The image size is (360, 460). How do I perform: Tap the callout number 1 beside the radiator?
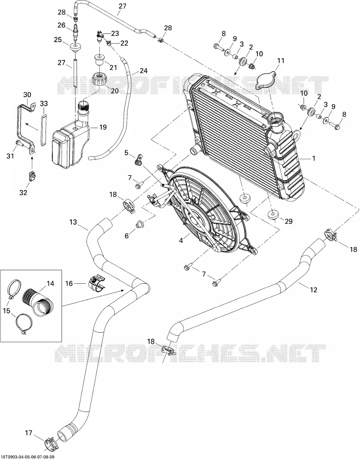313,158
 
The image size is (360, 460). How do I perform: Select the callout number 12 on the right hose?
313,290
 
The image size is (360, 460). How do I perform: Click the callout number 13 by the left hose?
73,222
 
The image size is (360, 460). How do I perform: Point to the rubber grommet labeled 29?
273,214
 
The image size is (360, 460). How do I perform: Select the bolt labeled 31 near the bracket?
20,143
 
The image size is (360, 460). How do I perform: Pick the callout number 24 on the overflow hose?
143,71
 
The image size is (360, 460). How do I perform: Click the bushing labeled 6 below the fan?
139,225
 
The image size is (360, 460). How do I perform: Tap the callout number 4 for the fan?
181,241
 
